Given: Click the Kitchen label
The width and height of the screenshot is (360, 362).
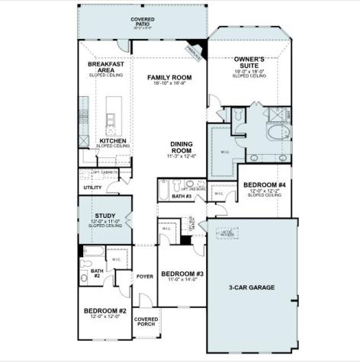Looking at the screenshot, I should (111, 140).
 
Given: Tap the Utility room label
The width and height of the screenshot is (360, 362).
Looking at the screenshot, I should (92, 187).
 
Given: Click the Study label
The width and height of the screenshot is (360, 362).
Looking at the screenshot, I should (104, 216).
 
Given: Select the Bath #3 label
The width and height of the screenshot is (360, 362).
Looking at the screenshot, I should (182, 196).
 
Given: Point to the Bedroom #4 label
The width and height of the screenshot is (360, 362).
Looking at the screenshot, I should (264, 185).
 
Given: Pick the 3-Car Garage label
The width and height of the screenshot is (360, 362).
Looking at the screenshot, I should (252, 287).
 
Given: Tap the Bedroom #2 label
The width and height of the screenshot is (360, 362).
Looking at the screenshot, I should (104, 311).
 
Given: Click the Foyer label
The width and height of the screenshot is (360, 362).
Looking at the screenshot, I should (144, 277).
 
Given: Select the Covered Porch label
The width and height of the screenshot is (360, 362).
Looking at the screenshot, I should (145, 322).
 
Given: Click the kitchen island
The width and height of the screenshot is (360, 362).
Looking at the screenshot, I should (111, 116).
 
